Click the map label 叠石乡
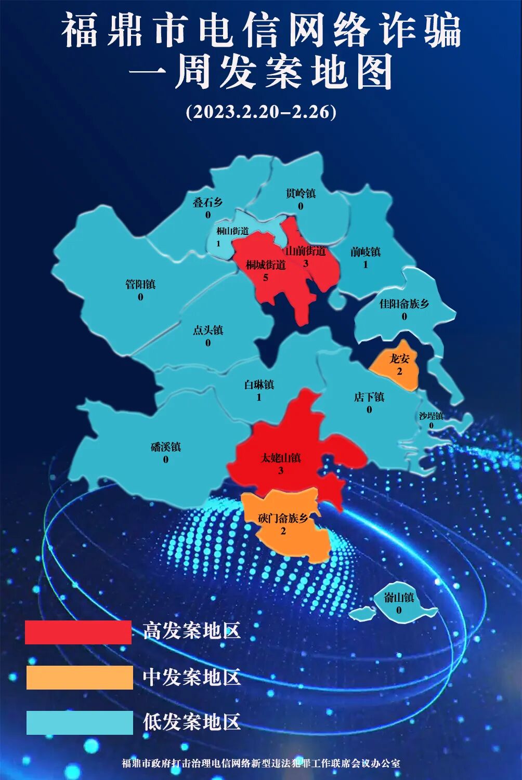point(208,202)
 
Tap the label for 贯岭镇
point(301,193)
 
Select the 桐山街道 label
point(232,231)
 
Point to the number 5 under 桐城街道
point(266,277)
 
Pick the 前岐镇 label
point(366,252)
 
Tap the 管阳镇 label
point(140,284)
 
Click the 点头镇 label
point(208,330)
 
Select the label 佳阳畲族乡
point(404,303)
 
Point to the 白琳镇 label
point(259,385)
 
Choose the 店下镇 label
point(369,397)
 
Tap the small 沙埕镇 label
point(431,416)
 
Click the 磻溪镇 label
point(166,447)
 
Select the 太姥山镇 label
point(281,458)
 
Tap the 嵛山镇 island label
point(399,598)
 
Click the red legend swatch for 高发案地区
point(78,632)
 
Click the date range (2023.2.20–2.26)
point(261,112)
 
